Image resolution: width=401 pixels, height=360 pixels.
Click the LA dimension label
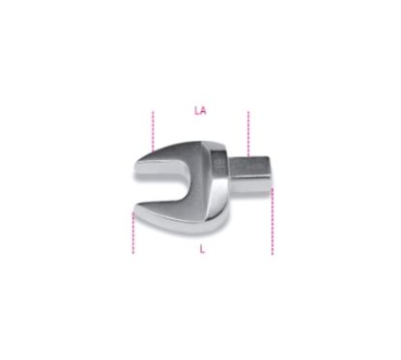pos(200,112)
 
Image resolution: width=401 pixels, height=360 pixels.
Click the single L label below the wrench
pos(201,248)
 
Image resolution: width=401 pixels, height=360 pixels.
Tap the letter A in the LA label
pos(203,112)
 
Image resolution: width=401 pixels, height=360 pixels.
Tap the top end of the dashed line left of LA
pos(153,113)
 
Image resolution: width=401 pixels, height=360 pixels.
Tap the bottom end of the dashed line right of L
pos(272,253)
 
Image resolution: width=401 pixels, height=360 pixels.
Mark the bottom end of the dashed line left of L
pos(132,252)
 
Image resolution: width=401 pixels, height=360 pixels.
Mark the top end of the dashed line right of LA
pos(248,113)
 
